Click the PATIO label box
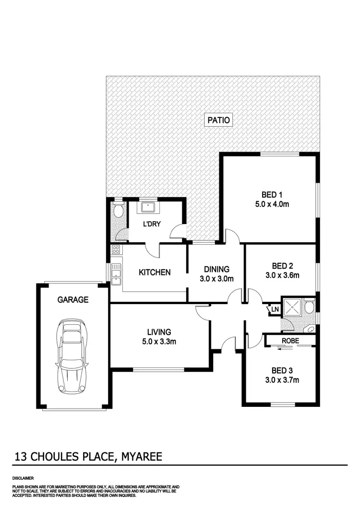click(x=219, y=120)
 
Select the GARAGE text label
click(x=73, y=300)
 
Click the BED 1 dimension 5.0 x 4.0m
click(x=272, y=203)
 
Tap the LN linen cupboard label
click(x=274, y=310)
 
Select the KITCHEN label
click(x=155, y=272)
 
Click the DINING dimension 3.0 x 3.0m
click(x=216, y=279)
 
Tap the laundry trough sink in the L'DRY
click(x=148, y=207)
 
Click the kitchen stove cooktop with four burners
click(x=116, y=249)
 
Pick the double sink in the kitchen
click(x=116, y=274)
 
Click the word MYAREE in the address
click(x=140, y=456)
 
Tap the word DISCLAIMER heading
click(x=23, y=479)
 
